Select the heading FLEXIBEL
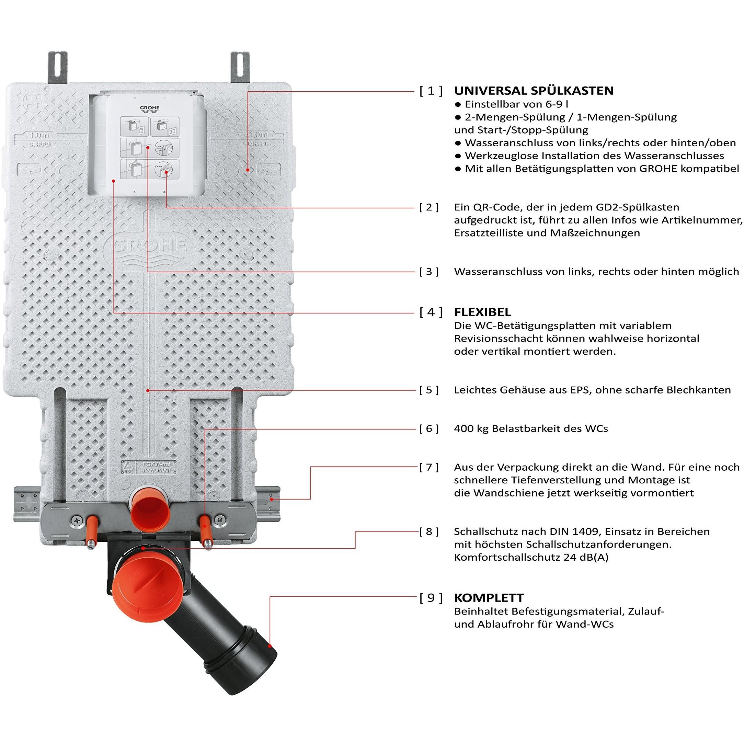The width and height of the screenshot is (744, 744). tap(482, 312)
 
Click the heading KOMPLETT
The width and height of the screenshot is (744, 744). tap(489, 598)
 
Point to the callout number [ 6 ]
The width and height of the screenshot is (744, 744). tap(428, 428)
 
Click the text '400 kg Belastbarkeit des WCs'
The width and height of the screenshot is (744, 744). tap(531, 428)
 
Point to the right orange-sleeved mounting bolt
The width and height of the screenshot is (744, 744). tap(205, 528)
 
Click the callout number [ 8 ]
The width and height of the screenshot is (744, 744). tap(428, 532)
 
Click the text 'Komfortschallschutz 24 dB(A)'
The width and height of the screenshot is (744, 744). tap(531, 557)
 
